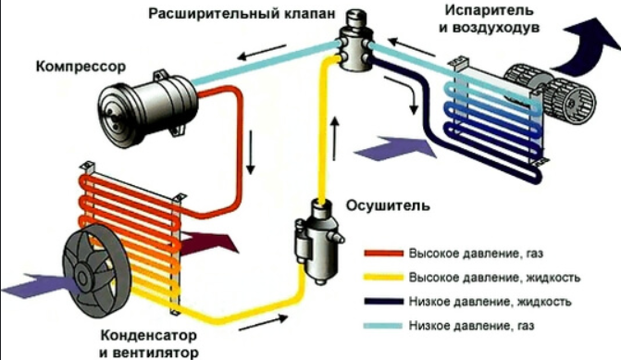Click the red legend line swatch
[382, 253]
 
